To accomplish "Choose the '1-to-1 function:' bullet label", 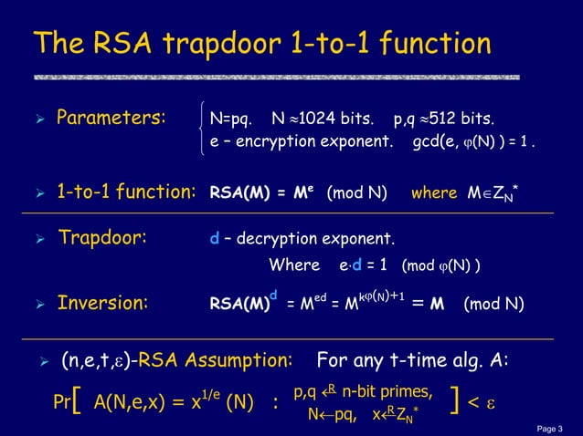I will [x=127, y=192].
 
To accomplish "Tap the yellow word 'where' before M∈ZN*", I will [x=432, y=193].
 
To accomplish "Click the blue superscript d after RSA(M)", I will [x=272, y=294].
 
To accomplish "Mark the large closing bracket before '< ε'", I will [x=454, y=403].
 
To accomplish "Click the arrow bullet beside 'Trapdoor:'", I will [x=36, y=240].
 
